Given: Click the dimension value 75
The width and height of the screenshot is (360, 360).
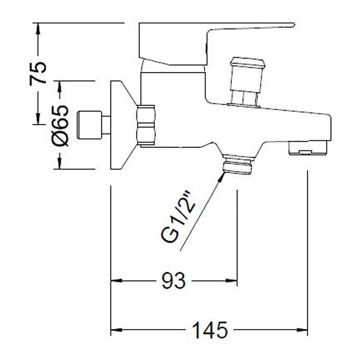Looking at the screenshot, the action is tap(38, 73).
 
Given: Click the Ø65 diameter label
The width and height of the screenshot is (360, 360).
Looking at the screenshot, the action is tap(60, 125).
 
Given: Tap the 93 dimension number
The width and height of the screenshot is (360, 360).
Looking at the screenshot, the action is tap(173, 281).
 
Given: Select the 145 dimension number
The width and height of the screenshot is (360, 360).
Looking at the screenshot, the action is tap(210, 330).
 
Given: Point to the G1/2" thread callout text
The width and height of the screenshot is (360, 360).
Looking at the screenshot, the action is tap(178, 217).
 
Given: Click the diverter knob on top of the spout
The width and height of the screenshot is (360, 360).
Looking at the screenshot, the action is tap(248, 81).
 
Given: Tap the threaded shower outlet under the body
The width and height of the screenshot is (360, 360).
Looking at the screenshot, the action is tap(237, 165).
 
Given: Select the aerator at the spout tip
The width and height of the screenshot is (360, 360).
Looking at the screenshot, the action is tap(308, 148).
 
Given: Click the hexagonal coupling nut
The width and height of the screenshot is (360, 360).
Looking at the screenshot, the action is tap(146, 125).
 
